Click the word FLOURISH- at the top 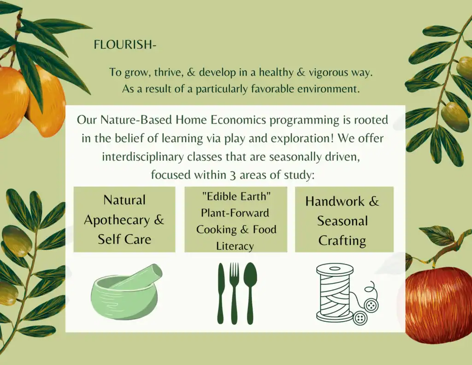coord(125,45)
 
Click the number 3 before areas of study coord(232,175)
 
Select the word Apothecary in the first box coord(117,220)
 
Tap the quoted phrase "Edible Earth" coord(236,197)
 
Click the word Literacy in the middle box coord(235,246)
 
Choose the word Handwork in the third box coord(335,201)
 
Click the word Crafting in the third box coord(342,241)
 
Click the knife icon coord(221,293)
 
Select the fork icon coord(234,293)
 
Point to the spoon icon coord(250,293)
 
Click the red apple coord(438,305)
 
